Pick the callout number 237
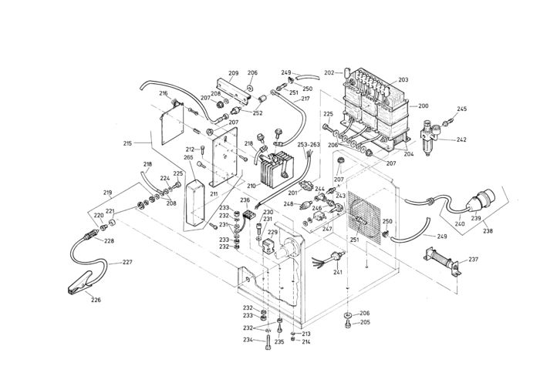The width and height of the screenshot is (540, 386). coord(473,260)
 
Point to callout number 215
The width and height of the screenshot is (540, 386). coord(129,143)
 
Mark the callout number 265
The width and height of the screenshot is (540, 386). coord(188,157)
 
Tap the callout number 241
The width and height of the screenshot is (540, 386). coord(337,272)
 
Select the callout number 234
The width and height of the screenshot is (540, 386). coord(248,340)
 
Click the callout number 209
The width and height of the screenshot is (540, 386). coord(234,73)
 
